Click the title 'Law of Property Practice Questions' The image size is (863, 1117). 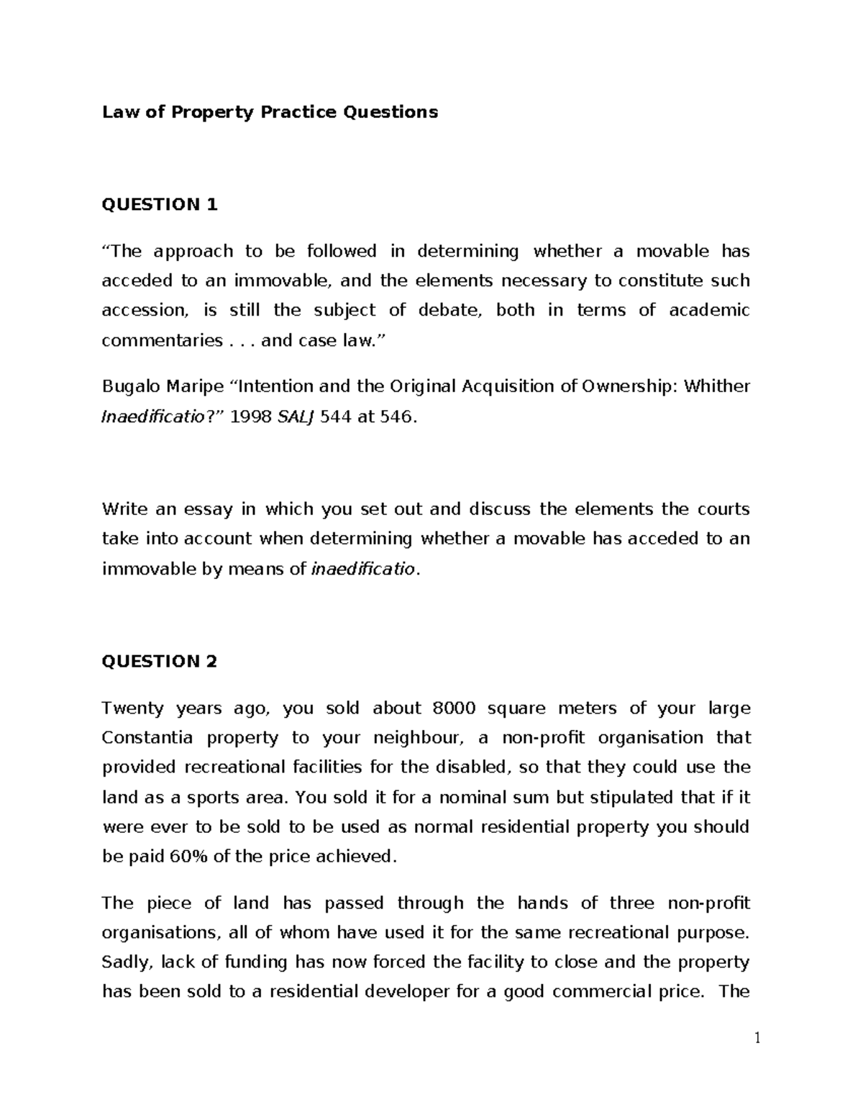270,112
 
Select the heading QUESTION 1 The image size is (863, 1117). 159,205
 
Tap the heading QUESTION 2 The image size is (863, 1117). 159,661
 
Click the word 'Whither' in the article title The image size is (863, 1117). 716,387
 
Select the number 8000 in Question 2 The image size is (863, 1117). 453,708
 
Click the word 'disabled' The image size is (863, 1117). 471,767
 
